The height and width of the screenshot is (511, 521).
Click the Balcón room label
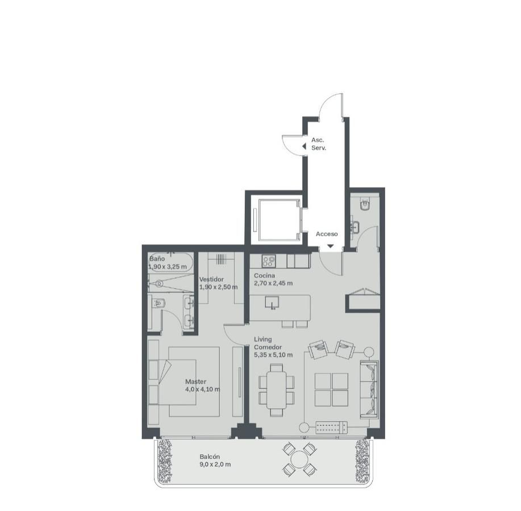[x=210, y=457]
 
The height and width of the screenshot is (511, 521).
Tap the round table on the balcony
[x=300, y=459]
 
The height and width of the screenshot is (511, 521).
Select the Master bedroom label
[x=195, y=382]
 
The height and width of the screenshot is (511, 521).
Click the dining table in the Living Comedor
[x=276, y=390]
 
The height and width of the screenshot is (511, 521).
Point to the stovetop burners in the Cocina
[x=269, y=261]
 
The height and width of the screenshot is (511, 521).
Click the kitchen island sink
[x=272, y=302]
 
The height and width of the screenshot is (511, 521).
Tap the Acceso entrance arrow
[x=330, y=246]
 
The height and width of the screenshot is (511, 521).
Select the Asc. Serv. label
[x=319, y=144]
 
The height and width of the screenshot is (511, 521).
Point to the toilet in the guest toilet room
[x=365, y=203]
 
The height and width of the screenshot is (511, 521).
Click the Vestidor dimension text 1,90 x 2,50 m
[x=219, y=287]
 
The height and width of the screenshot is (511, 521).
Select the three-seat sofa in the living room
[x=369, y=389]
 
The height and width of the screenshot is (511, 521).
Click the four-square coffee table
[x=331, y=389]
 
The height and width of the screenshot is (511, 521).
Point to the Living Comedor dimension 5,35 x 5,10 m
[x=273, y=355]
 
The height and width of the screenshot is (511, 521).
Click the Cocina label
[x=265, y=275]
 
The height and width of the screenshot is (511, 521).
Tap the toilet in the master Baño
[x=159, y=303]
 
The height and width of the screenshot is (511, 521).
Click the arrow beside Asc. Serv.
[x=304, y=146]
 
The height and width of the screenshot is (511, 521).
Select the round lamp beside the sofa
[x=369, y=351]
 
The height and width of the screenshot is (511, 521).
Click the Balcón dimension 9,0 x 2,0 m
[x=215, y=464]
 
